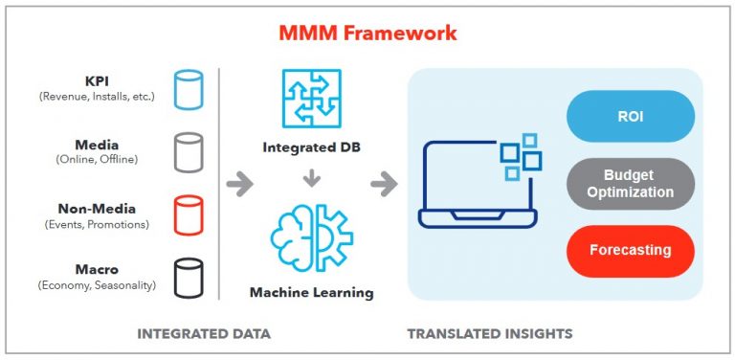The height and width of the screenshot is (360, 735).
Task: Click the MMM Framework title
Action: pos(367,34)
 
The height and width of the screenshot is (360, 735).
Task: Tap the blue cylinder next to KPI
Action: pos(189,88)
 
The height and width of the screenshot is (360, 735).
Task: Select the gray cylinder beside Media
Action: pos(189,150)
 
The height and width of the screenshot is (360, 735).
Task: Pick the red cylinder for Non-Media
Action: pos(189,214)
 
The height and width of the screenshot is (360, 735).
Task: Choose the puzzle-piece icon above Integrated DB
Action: pos(310,101)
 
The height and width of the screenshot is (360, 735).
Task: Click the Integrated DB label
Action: pos(311,148)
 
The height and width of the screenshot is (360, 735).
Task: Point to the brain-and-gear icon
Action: pos(311,237)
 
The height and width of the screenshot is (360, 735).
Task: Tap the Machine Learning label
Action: pos(311,291)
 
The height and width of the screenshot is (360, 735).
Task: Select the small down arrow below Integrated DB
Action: pos(311,178)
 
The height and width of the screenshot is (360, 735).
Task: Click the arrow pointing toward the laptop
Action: pos(384,184)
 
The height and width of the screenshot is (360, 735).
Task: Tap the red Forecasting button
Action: pos(630,250)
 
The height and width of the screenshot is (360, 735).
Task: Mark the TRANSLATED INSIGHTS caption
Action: pos(490,334)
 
